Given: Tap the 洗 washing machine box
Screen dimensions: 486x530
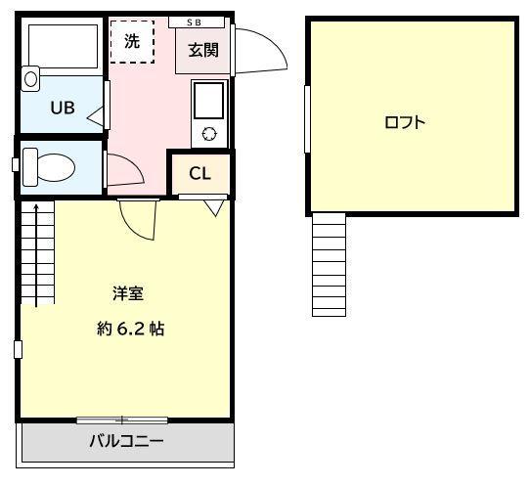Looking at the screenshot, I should [x=132, y=42].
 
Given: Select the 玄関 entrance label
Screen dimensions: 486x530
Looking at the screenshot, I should [x=202, y=49].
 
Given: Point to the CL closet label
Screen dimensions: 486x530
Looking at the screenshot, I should [x=199, y=174].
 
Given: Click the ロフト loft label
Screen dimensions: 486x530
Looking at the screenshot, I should [x=405, y=122].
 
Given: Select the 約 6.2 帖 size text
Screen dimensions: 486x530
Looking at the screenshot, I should [x=130, y=329].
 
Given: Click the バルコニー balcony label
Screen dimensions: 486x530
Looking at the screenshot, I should [x=127, y=441].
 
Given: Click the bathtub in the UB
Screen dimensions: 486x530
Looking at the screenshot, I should [x=63, y=45].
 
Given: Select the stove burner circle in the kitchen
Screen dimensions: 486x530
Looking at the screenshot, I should [x=208, y=133].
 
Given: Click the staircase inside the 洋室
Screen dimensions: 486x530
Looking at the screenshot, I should [x=36, y=254].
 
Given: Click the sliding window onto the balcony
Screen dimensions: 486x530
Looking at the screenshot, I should [x=123, y=420].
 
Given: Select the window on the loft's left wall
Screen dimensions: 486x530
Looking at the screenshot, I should [x=307, y=118].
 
